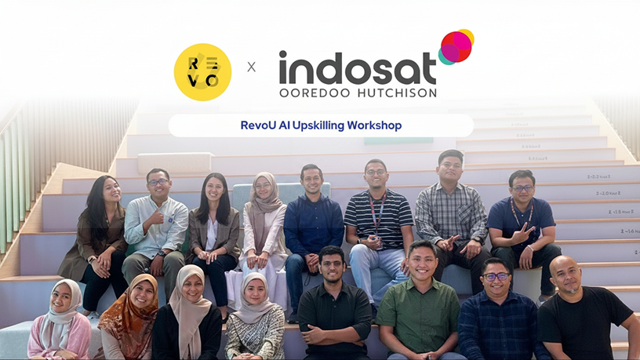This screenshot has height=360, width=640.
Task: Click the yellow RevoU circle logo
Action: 202,72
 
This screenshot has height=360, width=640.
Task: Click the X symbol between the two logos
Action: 251,67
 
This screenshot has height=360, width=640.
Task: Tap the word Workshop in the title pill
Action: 375,125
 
